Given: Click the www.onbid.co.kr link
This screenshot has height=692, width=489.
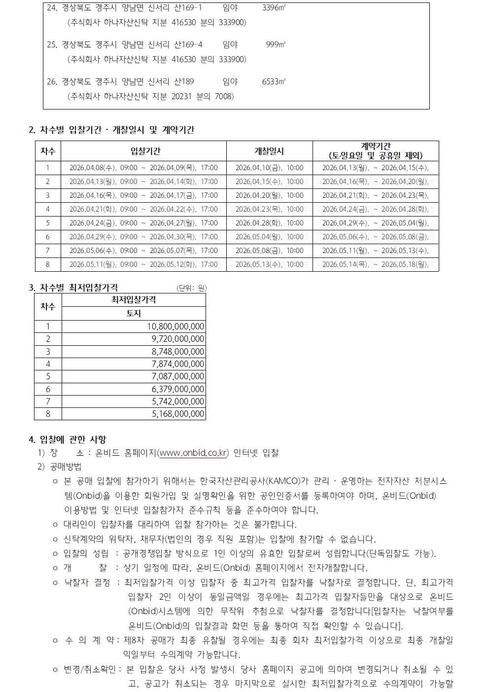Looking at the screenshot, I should click(194, 453).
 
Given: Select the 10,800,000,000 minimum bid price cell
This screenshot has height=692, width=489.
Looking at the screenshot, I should click(175, 327).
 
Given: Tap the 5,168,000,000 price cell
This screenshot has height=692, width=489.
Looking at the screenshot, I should click(178, 414).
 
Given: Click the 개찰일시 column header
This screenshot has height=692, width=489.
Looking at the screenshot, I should click(269, 151).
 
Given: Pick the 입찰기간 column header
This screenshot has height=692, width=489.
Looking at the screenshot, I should click(145, 151).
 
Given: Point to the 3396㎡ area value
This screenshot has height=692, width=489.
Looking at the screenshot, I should click(274, 8).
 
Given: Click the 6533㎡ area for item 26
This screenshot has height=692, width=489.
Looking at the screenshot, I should click(274, 81).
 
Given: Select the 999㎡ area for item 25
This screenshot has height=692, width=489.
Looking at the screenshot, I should click(276, 44).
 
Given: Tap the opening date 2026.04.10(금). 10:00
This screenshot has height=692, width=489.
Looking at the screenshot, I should click(269, 168).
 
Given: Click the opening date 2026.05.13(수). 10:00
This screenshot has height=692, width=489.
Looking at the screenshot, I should click(269, 264).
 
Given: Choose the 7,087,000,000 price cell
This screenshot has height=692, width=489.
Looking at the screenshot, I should click(178, 376).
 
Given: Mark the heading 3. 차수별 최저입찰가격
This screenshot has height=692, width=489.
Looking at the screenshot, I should click(73, 288).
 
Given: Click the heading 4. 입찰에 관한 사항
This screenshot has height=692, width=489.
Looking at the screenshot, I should click(68, 439).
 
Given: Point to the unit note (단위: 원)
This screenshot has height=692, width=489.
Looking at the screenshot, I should click(191, 288).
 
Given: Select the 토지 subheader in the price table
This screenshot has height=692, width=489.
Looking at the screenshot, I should click(134, 313).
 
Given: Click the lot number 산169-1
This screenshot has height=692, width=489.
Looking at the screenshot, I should click(188, 8).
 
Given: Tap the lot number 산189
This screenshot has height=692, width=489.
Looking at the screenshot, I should click(184, 81).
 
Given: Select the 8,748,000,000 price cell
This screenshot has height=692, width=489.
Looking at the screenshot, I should click(178, 352).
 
